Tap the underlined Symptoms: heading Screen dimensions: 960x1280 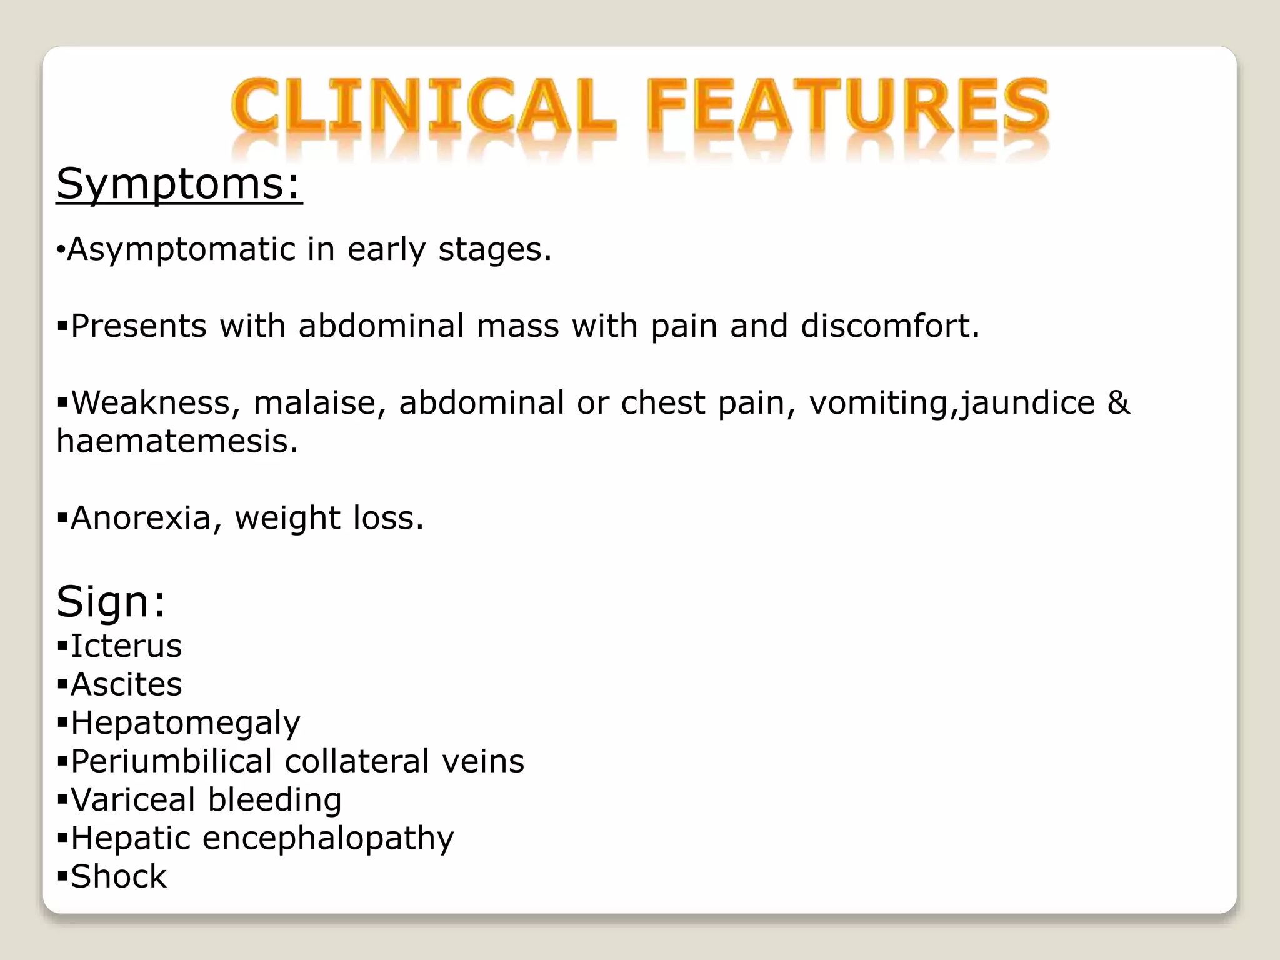click(179, 184)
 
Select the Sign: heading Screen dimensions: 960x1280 click(111, 601)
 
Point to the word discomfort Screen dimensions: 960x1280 click(890, 326)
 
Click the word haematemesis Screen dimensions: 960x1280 click(177, 441)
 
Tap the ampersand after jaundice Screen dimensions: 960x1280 click(1118, 402)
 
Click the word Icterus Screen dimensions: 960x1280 click(126, 646)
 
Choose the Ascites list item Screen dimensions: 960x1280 click(126, 684)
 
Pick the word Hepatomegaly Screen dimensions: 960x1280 click(185, 724)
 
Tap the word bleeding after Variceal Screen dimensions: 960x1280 click(274, 799)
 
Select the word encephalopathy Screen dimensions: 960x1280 click(328, 838)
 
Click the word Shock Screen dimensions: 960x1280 click(119, 876)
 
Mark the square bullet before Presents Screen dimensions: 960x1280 click(62, 326)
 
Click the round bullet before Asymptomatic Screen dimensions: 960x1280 click(60, 251)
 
